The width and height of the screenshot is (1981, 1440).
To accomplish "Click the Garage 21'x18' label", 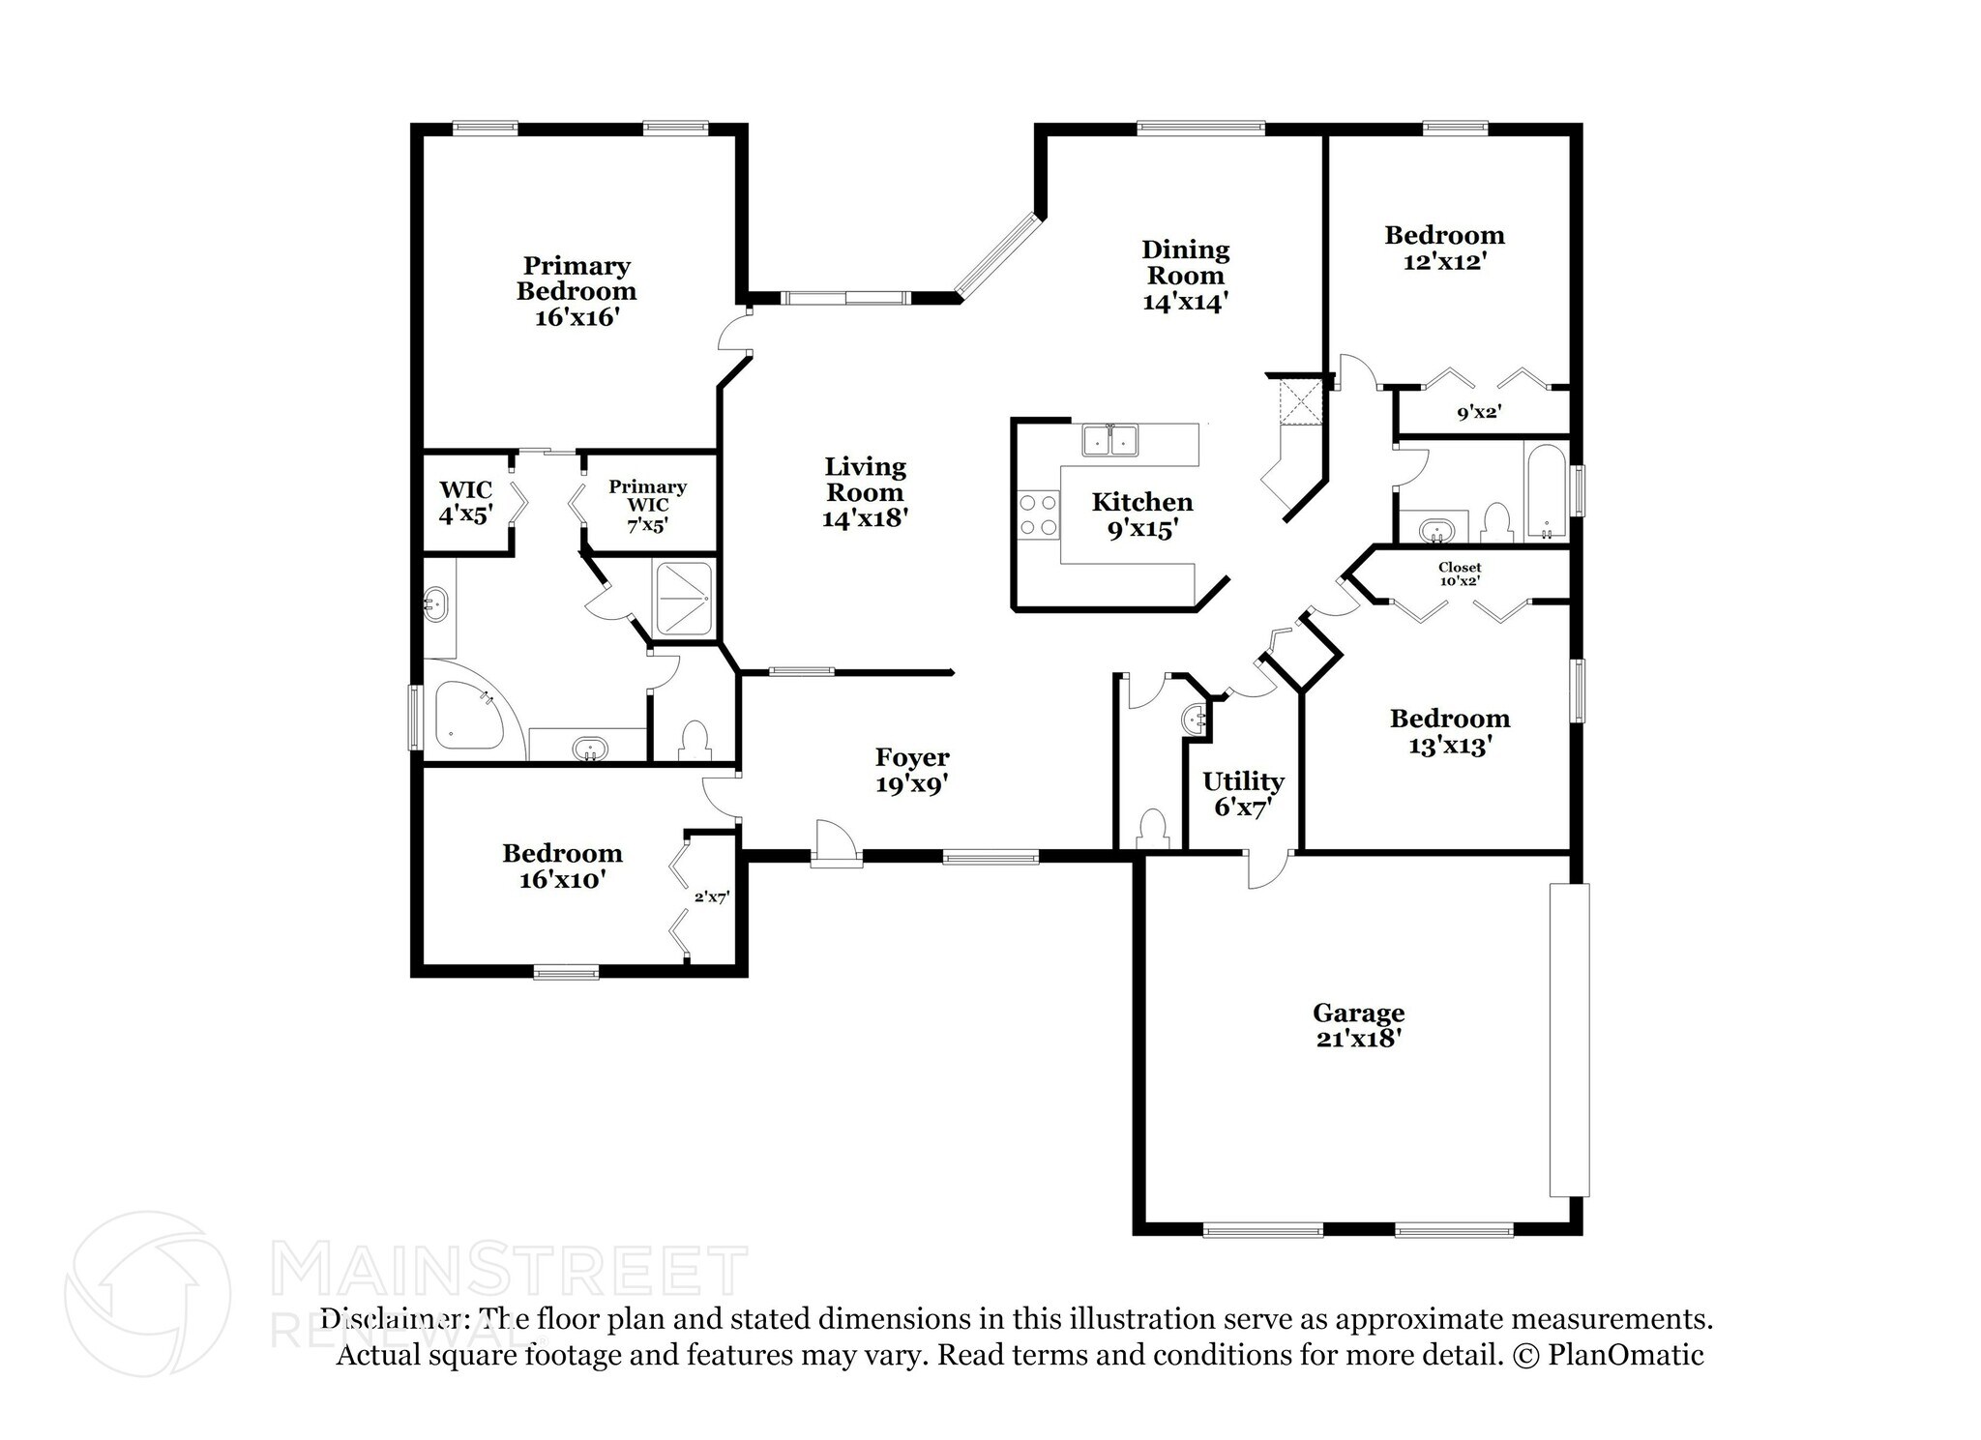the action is click(x=1358, y=1025).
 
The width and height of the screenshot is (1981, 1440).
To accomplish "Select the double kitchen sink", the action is click(x=1109, y=440).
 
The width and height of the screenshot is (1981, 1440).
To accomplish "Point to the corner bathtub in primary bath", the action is click(x=471, y=716).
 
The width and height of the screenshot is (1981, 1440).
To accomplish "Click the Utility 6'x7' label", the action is click(x=1243, y=794).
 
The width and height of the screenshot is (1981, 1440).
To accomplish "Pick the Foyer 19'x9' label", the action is click(x=912, y=771).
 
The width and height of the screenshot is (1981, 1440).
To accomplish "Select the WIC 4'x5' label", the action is click(x=466, y=502).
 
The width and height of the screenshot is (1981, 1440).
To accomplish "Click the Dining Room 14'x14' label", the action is click(x=1185, y=276).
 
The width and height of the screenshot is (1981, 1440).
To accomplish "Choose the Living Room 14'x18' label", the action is click(x=865, y=492).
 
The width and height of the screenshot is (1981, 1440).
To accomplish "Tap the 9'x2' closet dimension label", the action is click(x=1478, y=413).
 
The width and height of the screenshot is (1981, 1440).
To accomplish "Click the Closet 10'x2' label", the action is click(x=1460, y=574).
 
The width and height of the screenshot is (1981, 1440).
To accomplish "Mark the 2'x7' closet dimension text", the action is click(x=711, y=897).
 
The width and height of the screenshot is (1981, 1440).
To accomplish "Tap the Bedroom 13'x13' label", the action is click(x=1449, y=732).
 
